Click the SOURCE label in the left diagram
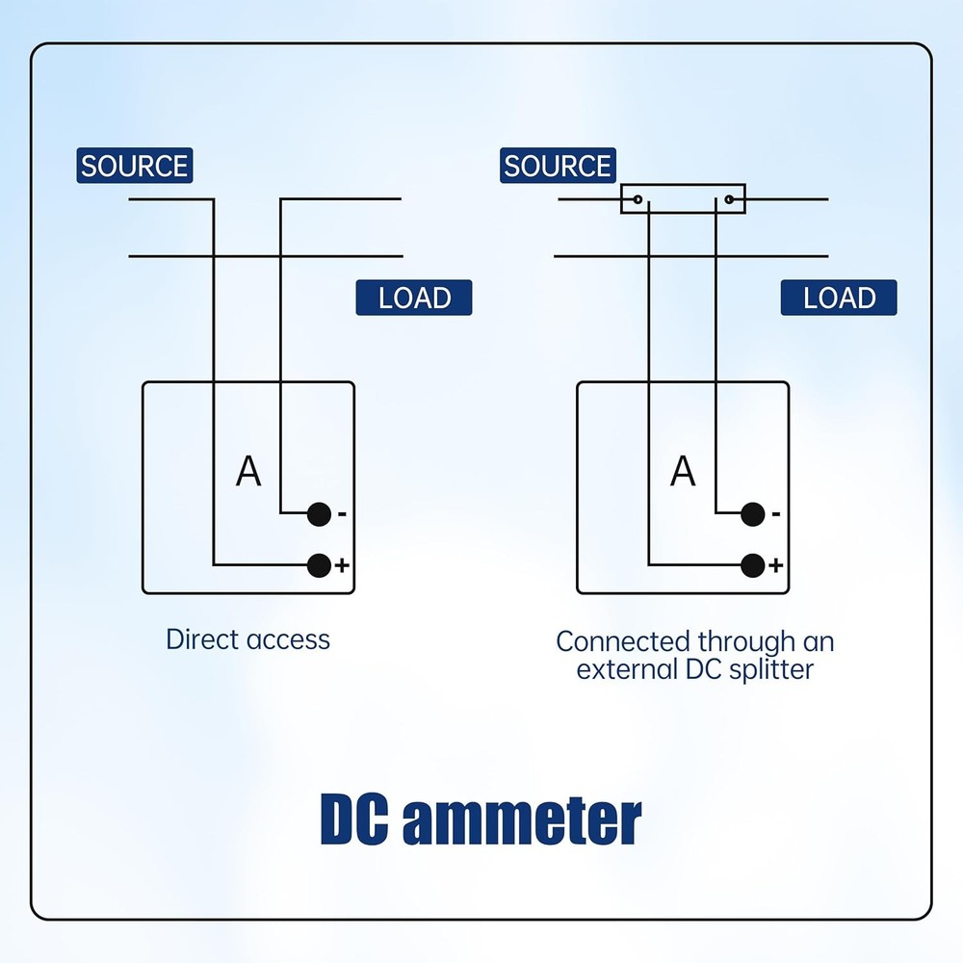pyautogui.click(x=134, y=166)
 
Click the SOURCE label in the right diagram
pyautogui.click(x=558, y=166)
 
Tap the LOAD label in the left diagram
pyautogui.click(x=414, y=298)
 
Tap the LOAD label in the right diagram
pyautogui.click(x=839, y=298)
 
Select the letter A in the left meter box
pyautogui.click(x=248, y=472)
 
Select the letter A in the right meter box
pyautogui.click(x=683, y=472)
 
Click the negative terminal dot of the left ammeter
pyautogui.click(x=319, y=514)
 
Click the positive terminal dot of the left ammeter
pyautogui.click(x=318, y=565)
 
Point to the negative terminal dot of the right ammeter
pyautogui.click(x=753, y=514)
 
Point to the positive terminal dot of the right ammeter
pyautogui.click(x=752, y=565)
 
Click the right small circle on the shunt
pyautogui.click(x=730, y=199)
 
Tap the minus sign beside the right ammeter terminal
pyautogui.click(x=776, y=515)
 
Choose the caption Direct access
pyautogui.click(x=247, y=639)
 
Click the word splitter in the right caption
pyautogui.click(x=770, y=669)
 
